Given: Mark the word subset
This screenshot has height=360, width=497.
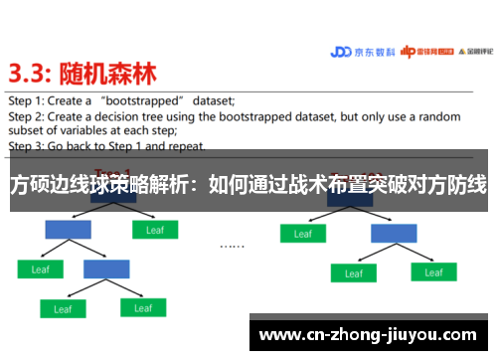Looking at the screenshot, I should pos(29,129).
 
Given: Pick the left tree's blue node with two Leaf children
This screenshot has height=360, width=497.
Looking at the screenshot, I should pos(106,269).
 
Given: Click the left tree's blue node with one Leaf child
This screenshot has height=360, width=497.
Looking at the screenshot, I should pos(68,230).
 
